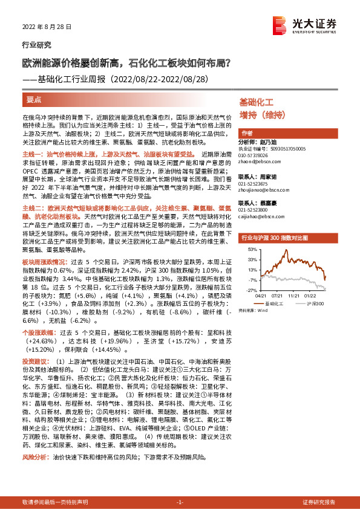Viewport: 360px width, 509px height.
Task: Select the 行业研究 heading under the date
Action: [x=36, y=45]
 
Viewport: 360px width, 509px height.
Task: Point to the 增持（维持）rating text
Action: [x=261, y=115]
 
